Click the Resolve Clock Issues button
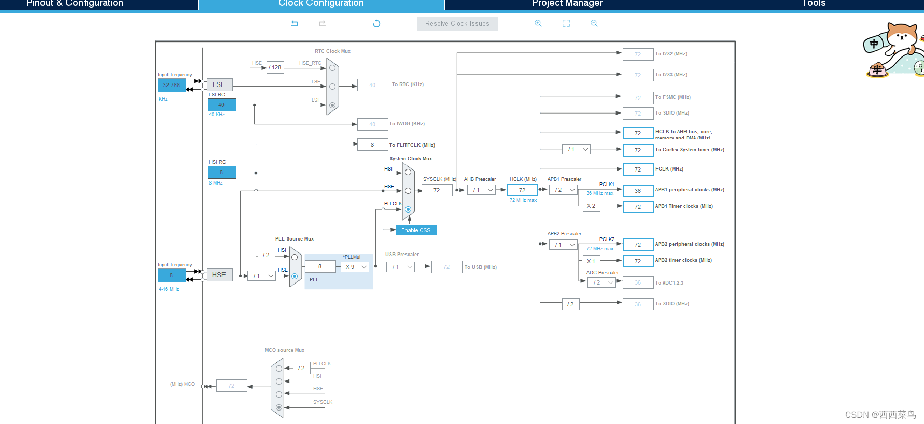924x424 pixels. click(457, 24)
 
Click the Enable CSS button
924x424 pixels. click(416, 230)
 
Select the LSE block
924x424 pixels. click(219, 84)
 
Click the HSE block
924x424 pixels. click(219, 275)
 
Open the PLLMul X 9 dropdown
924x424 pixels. click(355, 267)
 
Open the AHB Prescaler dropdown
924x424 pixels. click(482, 190)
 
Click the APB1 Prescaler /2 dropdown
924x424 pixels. click(563, 190)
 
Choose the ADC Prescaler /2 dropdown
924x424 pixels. click(601, 282)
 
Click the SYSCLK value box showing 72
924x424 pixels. click(437, 190)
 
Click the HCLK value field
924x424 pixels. click(522, 190)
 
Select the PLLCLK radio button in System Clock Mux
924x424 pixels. click(408, 209)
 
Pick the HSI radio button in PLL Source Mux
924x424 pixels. click(295, 257)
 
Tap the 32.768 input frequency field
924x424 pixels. click(172, 85)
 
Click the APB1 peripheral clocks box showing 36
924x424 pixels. click(638, 191)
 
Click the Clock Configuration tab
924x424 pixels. click(321, 4)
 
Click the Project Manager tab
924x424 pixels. click(567, 4)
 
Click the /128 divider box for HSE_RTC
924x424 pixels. click(275, 67)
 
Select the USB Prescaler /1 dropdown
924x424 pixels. click(400, 267)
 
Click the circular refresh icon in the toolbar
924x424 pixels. click(376, 23)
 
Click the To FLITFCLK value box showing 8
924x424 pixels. click(372, 145)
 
